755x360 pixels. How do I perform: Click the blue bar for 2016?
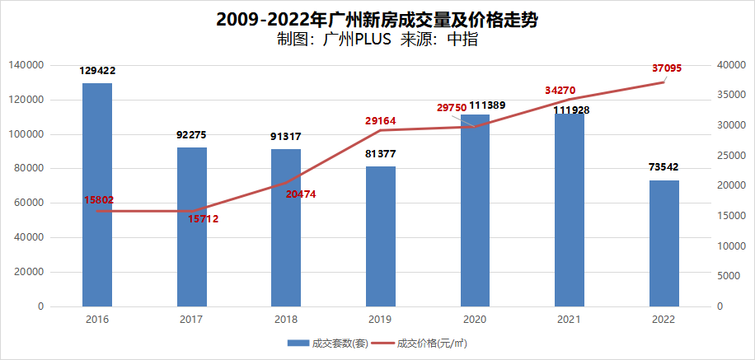tap(97, 194)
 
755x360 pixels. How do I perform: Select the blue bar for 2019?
tap(381, 236)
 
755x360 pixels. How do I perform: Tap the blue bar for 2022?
tap(664, 243)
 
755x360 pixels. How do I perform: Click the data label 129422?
tap(97, 72)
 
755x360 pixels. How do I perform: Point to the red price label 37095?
tap(666, 69)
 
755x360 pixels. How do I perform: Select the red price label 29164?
tap(381, 121)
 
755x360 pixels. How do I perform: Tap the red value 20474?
tap(300, 194)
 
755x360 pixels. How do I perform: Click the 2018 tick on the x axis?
tap(286, 320)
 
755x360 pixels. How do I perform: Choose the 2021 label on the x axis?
tap(569, 320)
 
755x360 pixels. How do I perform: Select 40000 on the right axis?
tap(729, 65)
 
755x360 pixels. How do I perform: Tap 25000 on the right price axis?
tap(729, 156)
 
